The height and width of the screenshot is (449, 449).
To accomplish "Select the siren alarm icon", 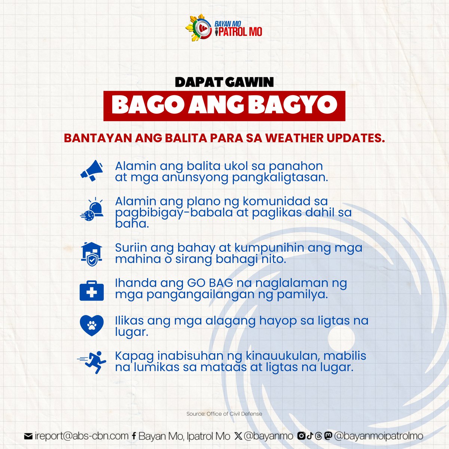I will tap(92, 210).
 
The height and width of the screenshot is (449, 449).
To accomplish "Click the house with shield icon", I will tap(92, 253).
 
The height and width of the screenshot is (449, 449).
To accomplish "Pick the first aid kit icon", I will tap(92, 290).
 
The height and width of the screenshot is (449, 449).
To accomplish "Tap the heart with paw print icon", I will tap(92, 325).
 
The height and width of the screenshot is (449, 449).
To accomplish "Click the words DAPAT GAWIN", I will tap(224, 82).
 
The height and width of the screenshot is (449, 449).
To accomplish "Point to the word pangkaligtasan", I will tap(280, 177).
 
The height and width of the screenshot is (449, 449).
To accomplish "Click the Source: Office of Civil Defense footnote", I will tap(224, 414).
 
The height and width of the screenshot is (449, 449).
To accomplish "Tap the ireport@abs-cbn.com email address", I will tap(82, 436).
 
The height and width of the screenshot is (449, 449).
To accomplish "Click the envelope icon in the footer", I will tap(28, 436).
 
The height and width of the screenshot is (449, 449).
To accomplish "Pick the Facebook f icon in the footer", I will tap(134, 436).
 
